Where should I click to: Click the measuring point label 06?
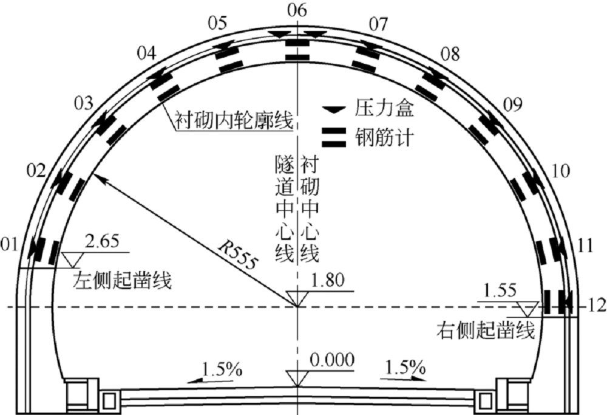point(297,10)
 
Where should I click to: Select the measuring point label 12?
point(597,306)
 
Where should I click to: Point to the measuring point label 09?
point(512,105)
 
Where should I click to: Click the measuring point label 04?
point(147,53)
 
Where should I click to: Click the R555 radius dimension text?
point(237,255)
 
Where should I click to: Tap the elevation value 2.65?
point(102,241)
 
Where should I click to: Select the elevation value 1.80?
point(328,281)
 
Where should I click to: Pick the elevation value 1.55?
point(500,290)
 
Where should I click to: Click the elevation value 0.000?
point(332,360)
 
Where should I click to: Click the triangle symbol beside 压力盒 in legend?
point(334,110)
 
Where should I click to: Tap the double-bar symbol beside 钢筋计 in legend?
point(334,137)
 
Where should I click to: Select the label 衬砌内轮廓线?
point(234,120)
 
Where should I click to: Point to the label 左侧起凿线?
point(122,280)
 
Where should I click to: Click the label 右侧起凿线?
point(486,331)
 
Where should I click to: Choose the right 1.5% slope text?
point(405,366)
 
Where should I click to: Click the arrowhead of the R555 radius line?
point(98,177)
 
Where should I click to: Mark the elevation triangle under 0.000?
point(297,378)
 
